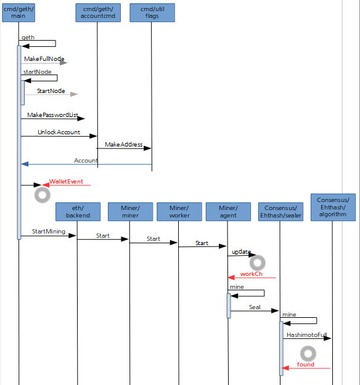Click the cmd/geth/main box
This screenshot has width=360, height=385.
tap(18, 12)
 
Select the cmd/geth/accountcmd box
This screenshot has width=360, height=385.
tap(98, 12)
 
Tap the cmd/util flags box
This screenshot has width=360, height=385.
tap(152, 12)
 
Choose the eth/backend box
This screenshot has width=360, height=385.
tap(78, 212)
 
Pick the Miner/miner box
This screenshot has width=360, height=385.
tap(130, 212)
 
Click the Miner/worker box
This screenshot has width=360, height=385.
tap(179, 212)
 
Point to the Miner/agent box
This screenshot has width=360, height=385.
tap(228, 212)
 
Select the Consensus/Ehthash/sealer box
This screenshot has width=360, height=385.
tap(280, 212)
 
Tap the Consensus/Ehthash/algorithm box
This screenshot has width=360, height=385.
tap(333, 207)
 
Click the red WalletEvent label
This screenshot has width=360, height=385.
tap(66, 182)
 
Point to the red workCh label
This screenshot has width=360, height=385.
tap(251, 274)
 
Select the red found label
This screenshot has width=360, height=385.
tap(306, 365)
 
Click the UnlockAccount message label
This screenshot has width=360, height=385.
tap(59, 132)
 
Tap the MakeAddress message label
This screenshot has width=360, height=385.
tap(124, 144)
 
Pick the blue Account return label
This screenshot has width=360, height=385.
tap(86, 160)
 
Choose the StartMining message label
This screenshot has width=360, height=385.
tap(49, 231)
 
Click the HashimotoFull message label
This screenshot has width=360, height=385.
tap(306, 335)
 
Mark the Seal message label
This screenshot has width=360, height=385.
tap(255, 307)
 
